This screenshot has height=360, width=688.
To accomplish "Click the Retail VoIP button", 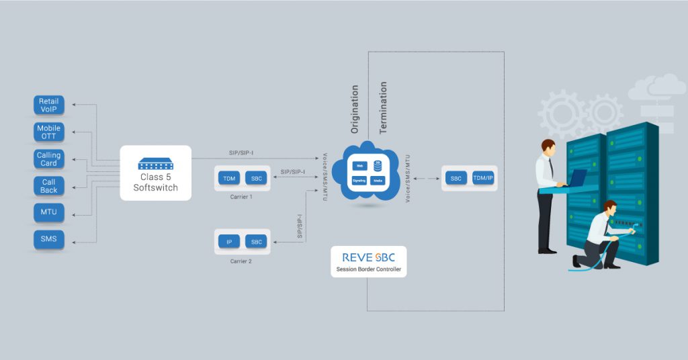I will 49,105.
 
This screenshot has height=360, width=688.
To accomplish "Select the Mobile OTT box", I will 49,132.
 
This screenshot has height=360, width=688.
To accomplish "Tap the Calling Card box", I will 49,159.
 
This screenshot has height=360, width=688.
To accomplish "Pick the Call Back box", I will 49,186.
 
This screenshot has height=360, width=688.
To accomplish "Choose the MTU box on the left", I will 49,213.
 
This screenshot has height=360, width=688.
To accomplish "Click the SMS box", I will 49,240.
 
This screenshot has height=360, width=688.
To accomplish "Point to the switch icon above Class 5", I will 155,163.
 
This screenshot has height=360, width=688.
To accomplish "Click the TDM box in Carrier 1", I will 229,178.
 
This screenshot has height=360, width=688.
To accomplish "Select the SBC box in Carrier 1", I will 256,178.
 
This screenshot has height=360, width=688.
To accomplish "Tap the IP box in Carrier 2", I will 229,242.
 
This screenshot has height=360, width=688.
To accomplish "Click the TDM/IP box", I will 483,178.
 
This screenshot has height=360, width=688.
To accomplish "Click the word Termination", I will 383,107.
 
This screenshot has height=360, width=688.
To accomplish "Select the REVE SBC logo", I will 368,258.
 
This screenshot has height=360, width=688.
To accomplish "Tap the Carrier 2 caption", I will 241,261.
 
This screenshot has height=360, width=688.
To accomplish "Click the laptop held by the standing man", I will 576,177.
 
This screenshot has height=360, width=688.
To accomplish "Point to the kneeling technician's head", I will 610,208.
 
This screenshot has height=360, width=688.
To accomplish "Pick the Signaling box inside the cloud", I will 359,181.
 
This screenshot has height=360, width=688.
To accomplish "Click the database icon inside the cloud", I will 378,165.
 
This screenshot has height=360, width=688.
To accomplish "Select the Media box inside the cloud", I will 378,181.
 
